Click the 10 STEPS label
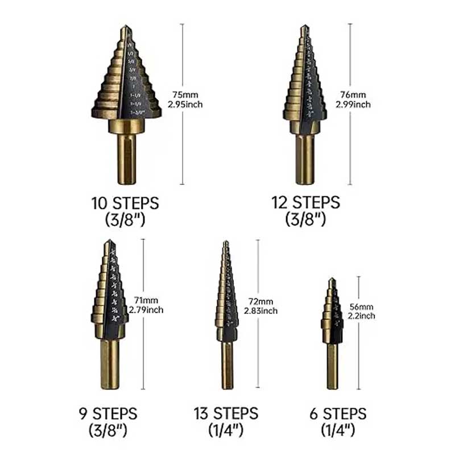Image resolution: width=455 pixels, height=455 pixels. tap(125, 203)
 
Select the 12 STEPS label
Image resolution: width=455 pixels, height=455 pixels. tap(305, 202)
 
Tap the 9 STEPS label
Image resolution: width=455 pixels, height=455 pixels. tap(108, 413)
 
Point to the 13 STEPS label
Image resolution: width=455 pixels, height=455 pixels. tap(226, 413)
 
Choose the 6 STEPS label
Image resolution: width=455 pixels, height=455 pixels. tap(338, 413)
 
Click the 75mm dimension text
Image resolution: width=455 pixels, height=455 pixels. tap(185, 94)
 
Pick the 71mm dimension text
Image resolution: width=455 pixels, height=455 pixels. tap(146, 300)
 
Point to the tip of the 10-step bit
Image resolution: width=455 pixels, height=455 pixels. tap(126, 29)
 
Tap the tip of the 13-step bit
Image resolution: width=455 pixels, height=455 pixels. tap(226, 244)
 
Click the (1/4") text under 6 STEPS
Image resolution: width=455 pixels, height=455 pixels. tap(338, 431)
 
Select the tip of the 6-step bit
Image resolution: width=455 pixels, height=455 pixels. tap(332, 281)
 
